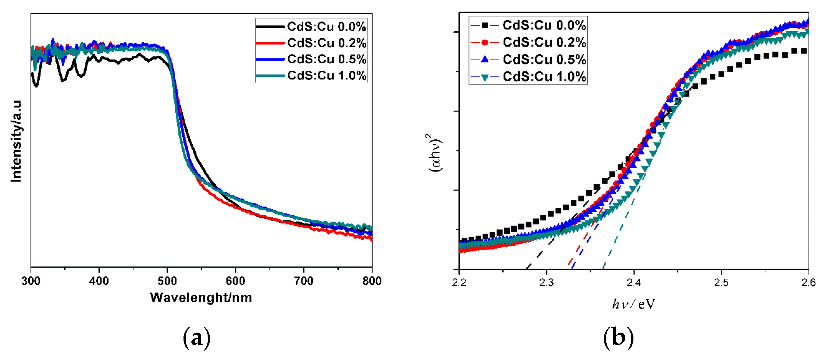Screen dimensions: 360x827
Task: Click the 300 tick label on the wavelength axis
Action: point(31,281)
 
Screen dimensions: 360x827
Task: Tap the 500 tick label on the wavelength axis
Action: point(167,281)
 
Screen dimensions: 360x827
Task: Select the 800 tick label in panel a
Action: point(372,281)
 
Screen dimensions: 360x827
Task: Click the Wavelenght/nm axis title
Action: point(201,298)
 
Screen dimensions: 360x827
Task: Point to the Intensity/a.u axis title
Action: point(16,141)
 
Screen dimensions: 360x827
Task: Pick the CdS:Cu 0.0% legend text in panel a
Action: point(326,26)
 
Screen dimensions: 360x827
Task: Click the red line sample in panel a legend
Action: point(270,43)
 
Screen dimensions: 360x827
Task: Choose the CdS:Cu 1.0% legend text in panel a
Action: point(326,76)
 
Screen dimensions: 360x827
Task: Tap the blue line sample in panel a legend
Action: point(270,59)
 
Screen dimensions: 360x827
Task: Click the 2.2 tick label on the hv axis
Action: point(459,282)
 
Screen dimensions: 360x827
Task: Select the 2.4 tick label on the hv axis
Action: point(634,282)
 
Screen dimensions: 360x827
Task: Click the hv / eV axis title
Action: point(633,304)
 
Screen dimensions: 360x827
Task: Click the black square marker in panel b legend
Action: point(485,25)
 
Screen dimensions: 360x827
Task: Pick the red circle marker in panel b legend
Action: point(485,42)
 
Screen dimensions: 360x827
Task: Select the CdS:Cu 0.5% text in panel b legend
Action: point(544,60)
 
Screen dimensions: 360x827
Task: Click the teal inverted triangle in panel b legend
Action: point(485,77)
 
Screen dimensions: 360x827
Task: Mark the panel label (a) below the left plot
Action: point(197,338)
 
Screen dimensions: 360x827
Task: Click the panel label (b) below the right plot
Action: point(618,338)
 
